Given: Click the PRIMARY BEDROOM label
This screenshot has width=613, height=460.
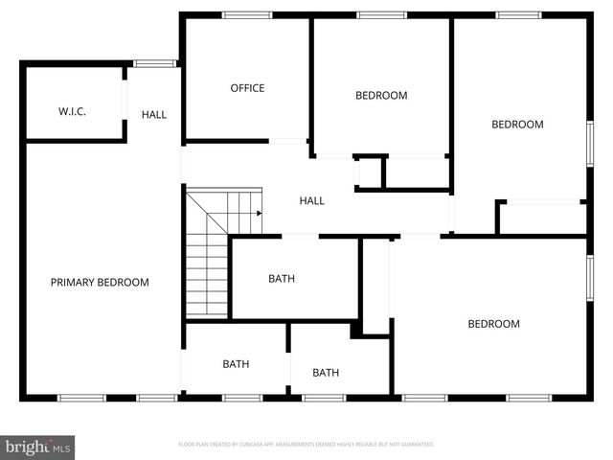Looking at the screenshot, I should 100,282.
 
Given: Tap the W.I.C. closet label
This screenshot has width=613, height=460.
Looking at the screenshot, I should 72,111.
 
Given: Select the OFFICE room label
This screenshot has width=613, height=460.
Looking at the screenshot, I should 247,88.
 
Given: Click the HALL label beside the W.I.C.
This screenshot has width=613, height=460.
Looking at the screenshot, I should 154,114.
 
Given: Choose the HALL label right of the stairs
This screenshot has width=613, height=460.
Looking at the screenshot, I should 312,200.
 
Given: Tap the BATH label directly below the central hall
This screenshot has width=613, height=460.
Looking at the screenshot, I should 282,279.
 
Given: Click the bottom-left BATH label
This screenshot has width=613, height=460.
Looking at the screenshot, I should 236,363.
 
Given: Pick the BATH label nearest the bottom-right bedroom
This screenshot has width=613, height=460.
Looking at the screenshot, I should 326,373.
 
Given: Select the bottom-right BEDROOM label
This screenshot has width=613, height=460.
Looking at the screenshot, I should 493,324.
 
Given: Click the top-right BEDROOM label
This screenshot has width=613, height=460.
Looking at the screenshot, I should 517,124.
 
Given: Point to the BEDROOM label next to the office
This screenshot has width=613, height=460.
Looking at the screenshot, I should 381,95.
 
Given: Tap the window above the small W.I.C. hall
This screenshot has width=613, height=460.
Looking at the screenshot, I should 153,64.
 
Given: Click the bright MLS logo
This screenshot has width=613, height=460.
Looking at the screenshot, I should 37,447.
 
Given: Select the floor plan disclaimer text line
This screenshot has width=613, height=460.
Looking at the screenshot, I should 306,445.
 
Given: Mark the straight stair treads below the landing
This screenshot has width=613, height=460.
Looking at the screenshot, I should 206,278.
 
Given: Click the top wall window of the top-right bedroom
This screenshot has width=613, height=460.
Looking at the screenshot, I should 518,14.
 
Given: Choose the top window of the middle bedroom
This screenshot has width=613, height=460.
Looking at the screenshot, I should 381,14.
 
